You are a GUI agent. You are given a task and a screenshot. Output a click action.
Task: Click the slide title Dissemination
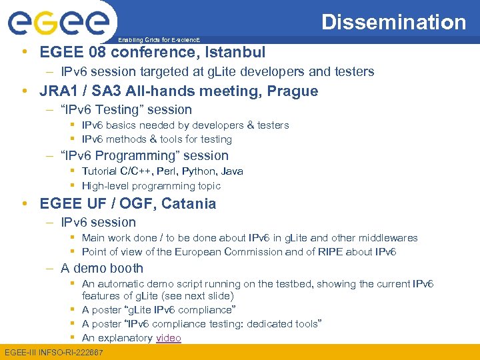393,22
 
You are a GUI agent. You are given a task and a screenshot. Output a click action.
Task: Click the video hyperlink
168,338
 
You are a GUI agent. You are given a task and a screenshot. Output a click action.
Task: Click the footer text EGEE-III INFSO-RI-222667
54,352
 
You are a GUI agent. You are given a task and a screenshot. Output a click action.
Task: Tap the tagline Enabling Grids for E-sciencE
159,40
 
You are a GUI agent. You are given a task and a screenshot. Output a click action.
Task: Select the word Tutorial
101,171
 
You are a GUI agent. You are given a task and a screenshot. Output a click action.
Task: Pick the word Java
232,171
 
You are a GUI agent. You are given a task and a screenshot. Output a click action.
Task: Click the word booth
127,269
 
